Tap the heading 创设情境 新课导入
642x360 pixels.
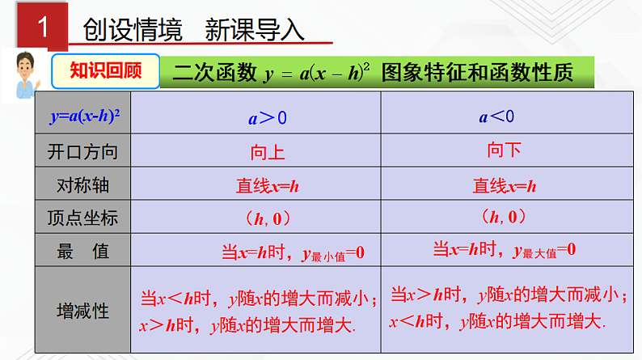(x=194, y=31)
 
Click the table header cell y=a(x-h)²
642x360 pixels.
(x=84, y=117)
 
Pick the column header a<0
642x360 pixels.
(x=496, y=117)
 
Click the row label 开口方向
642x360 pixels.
(x=83, y=151)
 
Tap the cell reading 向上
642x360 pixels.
(x=268, y=152)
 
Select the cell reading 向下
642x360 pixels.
(x=505, y=150)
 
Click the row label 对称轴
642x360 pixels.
(x=83, y=185)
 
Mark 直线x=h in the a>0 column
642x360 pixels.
(x=268, y=186)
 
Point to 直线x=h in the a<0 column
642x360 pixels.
(x=505, y=186)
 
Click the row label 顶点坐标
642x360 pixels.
(x=83, y=218)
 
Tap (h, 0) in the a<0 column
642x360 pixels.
(x=504, y=217)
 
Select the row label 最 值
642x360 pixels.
(x=83, y=252)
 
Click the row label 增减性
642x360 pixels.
(x=83, y=311)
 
